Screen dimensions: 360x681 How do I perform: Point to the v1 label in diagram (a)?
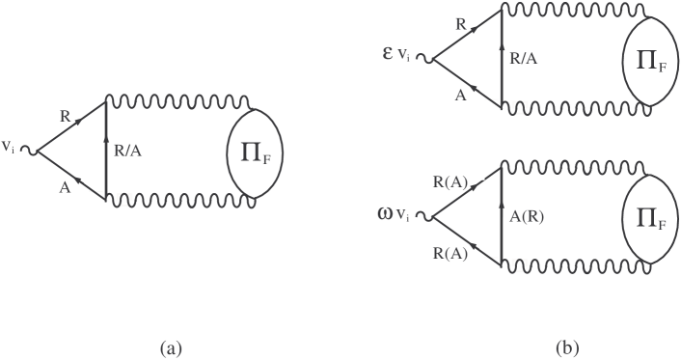point(10,148)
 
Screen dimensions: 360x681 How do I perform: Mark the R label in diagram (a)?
point(64,114)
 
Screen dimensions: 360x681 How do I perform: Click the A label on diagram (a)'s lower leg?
point(64,189)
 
